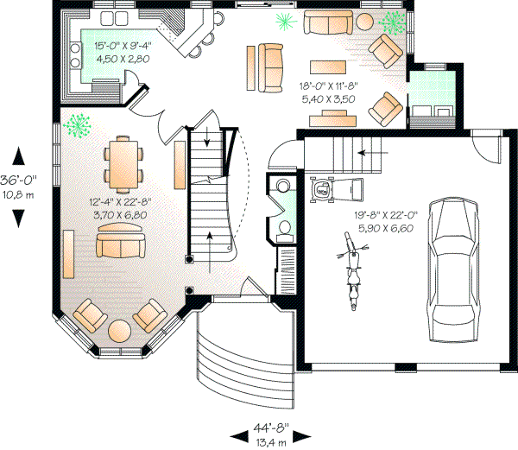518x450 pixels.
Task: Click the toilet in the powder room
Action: (x=283, y=228)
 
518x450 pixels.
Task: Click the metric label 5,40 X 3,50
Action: (x=327, y=99)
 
